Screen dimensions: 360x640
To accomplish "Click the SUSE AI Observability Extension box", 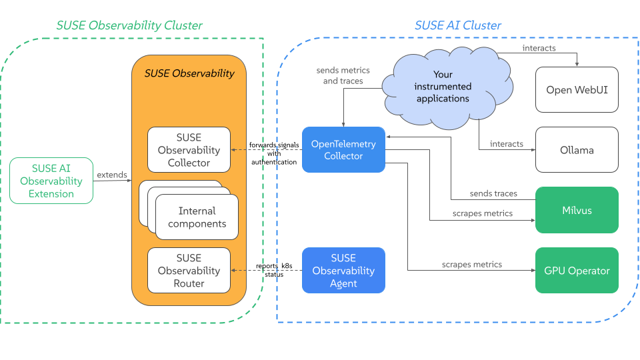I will [51, 181].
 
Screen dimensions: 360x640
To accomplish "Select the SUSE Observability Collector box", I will [189, 150].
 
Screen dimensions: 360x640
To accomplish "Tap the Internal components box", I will [197, 217].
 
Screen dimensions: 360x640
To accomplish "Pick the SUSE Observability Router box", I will [189, 270].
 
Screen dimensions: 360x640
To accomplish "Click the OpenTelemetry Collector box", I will [343, 150].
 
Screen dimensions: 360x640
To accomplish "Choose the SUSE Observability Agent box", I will [343, 270].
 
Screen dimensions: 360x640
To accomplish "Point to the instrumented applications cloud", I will [443, 87].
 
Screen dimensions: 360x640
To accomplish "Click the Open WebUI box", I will [577, 89].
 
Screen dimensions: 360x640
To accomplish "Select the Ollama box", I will [577, 150].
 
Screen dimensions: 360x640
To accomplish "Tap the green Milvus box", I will [577, 210].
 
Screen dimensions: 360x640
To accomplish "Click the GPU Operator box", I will [577, 270].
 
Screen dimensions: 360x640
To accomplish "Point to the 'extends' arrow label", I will [112, 175].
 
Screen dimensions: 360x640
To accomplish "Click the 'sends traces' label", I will [493, 193].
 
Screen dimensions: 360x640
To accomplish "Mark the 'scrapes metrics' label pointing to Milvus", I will [483, 213].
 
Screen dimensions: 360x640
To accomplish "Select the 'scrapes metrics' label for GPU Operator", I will [472, 265].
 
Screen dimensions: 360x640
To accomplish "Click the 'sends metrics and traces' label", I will [343, 75].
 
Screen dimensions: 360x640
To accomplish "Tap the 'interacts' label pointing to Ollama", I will [507, 144].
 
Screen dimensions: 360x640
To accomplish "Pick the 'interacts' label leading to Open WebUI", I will [539, 49].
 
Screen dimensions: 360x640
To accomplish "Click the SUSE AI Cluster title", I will [458, 25].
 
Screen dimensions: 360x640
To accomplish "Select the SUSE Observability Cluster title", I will [129, 25].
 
